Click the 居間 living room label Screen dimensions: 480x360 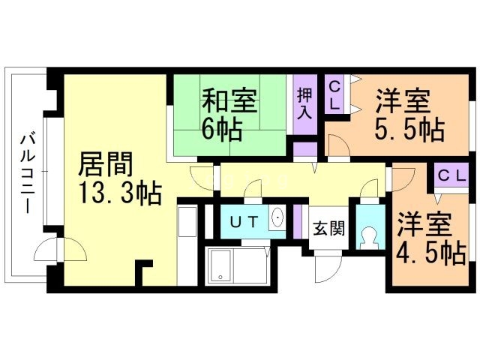coord(105,164)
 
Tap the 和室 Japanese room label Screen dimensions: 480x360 coord(229,100)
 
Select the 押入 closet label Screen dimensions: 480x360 coord(304,103)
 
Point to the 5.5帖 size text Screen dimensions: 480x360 coord(409,129)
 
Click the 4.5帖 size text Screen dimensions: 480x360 coord(431,253)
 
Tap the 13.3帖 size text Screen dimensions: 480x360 coord(120,193)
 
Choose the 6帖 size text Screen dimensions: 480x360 coord(221,129)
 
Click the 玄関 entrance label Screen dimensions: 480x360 coord(329,228)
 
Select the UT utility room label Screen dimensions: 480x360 coord(244,222)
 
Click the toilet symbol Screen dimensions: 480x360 coord(370,238)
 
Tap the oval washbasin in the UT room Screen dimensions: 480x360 coord(277,217)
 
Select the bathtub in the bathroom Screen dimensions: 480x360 coord(220,265)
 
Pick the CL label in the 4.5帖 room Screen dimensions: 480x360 coord(451,176)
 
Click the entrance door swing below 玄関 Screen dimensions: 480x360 coord(328,265)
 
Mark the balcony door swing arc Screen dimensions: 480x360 coord(60,250)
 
